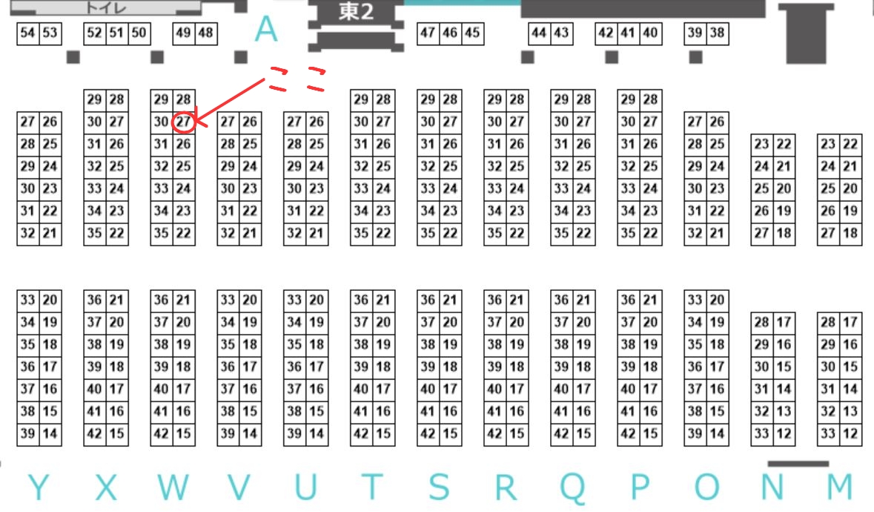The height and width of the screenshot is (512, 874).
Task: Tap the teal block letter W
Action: tap(172, 488)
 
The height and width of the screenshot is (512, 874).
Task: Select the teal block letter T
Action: tap(372, 488)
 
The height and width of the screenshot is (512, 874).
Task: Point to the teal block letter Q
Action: tap(572, 488)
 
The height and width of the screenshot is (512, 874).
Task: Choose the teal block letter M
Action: tap(839, 488)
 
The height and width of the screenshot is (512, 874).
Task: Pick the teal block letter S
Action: tap(439, 488)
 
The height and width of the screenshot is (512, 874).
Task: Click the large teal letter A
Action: tap(265, 30)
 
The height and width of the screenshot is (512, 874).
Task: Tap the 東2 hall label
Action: tap(356, 13)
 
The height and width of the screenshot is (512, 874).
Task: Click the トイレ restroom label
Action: tap(105, 8)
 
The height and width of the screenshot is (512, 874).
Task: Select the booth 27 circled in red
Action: tap(183, 122)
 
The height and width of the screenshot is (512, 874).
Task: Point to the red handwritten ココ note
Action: tap(297, 78)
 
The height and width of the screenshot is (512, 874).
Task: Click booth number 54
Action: tap(27, 33)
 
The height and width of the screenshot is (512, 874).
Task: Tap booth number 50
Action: tap(139, 33)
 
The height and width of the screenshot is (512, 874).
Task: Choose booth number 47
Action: tap(428, 33)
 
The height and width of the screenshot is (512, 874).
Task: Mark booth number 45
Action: tap(472, 33)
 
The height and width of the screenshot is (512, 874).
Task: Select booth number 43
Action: tap(561, 33)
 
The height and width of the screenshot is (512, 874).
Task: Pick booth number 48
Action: tap(205, 33)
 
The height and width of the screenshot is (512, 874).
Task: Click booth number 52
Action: tap(94, 33)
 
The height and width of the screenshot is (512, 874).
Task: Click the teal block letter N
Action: tap(772, 488)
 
